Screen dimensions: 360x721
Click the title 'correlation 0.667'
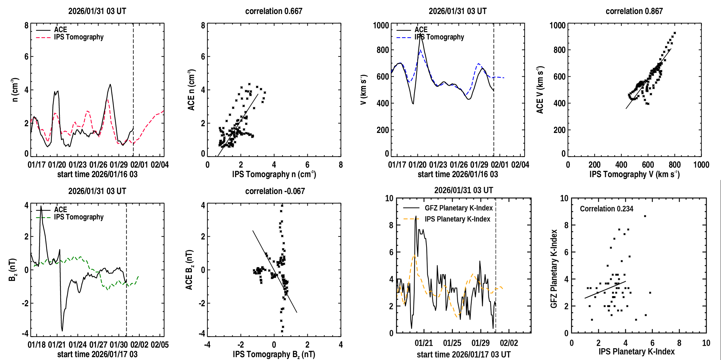[x=274, y=11]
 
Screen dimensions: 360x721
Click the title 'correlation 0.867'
[x=634, y=11]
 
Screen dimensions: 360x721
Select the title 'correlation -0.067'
[x=275, y=191]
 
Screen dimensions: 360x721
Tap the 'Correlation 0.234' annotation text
[x=606, y=209]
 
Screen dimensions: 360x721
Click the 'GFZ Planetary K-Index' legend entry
[x=458, y=208]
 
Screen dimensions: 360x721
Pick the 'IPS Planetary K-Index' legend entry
[x=457, y=219]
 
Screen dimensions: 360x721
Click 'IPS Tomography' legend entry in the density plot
[x=79, y=37]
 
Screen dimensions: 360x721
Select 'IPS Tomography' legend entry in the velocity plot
[x=439, y=37]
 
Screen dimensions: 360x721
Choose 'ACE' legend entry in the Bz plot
[x=60, y=210]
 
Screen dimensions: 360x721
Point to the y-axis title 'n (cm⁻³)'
[x=15, y=89]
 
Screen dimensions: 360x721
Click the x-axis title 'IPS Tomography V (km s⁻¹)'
[x=634, y=174]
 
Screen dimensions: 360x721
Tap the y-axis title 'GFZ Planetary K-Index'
[x=554, y=269]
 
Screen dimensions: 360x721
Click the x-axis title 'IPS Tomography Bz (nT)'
[x=274, y=354]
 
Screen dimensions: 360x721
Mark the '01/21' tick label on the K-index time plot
[x=423, y=343]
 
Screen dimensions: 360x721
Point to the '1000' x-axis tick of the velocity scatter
[x=701, y=165]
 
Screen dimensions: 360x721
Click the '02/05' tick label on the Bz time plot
[x=160, y=345]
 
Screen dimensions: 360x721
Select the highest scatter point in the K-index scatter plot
[x=645, y=216]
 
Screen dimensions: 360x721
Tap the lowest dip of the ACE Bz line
[x=62, y=330]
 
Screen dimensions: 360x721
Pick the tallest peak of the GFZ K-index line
[x=416, y=217]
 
